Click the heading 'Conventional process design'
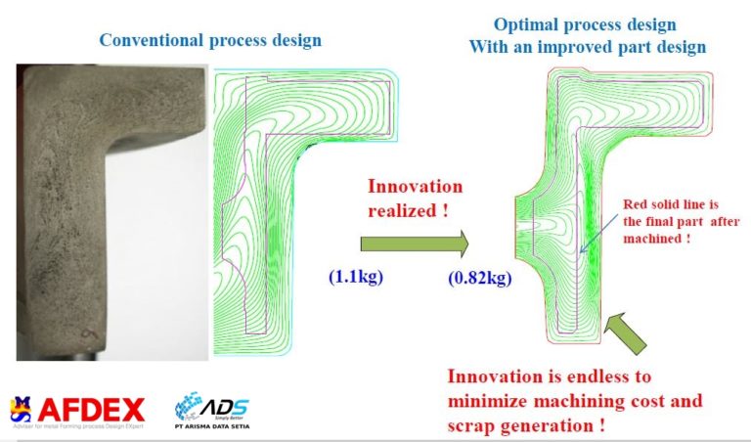pyautogui.click(x=209, y=41)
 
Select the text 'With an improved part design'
pyautogui.click(x=587, y=46)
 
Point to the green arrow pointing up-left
pyautogui.click(x=626, y=332)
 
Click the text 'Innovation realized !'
pyautogui.click(x=415, y=197)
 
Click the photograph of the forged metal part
pyautogui.click(x=110, y=209)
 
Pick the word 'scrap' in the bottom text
pyautogui.click(x=475, y=425)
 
